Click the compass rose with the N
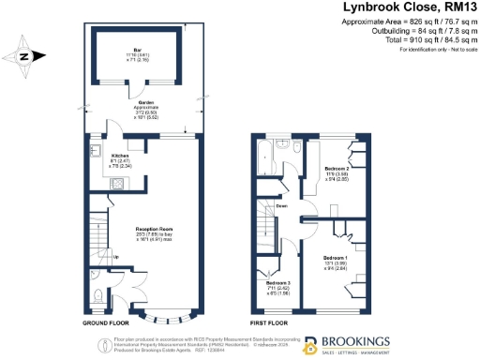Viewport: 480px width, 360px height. (x=27, y=56)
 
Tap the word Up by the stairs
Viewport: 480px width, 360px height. (x=115, y=258)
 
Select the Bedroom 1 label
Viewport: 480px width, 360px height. (x=335, y=257)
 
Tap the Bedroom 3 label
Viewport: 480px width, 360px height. (x=277, y=282)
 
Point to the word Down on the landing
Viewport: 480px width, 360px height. (x=280, y=206)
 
